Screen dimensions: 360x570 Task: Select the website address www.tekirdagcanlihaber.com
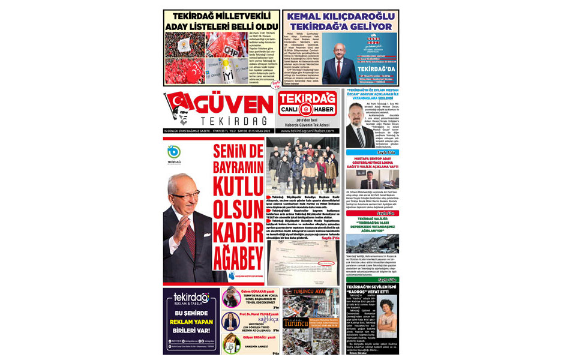pos(308,131)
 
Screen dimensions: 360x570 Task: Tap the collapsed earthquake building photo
pos(371,244)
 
